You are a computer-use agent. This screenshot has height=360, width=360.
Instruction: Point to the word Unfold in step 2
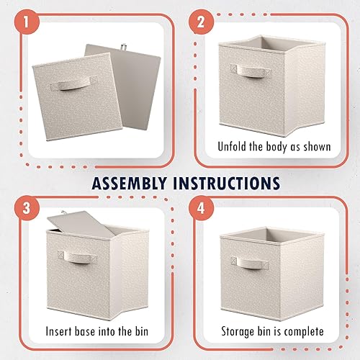click(x=234, y=147)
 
